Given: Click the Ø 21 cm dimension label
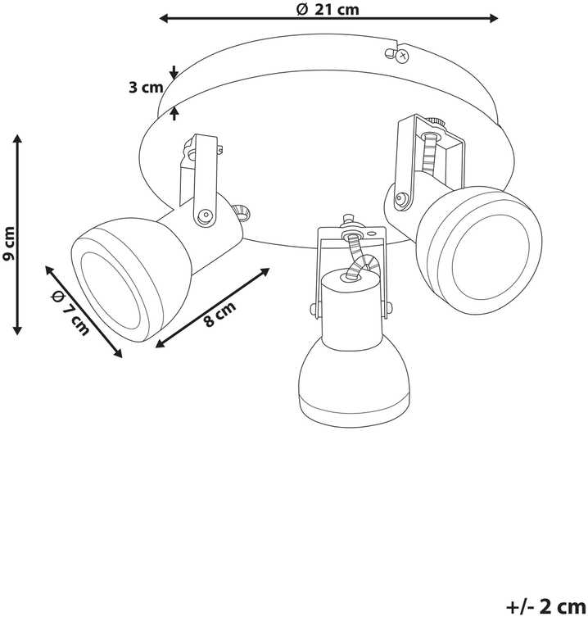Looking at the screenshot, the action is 328,9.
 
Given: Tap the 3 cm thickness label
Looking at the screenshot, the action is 146,88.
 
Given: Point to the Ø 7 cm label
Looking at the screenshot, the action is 71,312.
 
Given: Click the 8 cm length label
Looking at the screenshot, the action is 219,314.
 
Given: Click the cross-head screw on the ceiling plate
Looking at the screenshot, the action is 402,56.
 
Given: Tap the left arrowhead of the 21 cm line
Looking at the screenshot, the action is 163,18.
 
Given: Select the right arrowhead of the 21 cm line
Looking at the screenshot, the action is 493,18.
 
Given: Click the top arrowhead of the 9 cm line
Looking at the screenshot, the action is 17,138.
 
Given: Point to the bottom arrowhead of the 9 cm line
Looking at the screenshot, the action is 17,329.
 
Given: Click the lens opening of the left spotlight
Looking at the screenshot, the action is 111,292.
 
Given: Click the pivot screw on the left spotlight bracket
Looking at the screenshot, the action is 204,215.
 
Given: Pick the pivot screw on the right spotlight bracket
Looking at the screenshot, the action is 400,198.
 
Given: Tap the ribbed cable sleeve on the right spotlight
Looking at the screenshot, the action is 429,152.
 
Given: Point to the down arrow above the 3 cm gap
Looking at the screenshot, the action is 174,72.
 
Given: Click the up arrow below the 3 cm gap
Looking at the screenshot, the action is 174,113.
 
